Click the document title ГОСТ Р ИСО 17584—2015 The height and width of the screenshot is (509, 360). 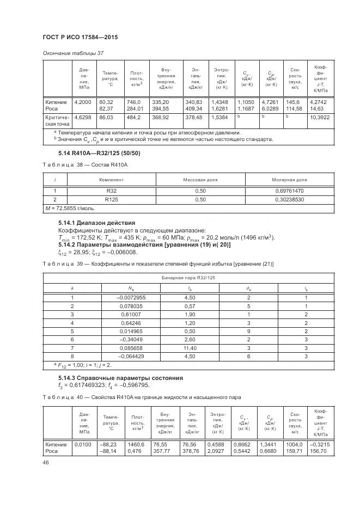point(80,37)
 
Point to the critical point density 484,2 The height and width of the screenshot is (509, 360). point(134,117)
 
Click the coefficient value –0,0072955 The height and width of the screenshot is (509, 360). point(131,298)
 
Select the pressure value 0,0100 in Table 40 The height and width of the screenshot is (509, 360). point(82,444)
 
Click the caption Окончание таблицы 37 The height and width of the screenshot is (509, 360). point(72,53)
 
